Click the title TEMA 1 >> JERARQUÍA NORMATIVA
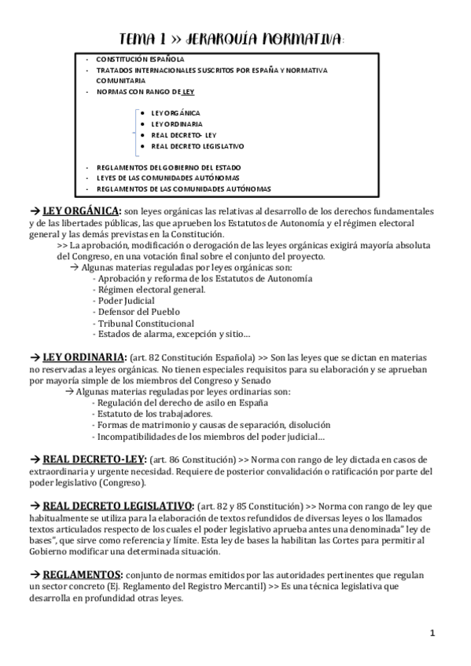[x=230, y=39]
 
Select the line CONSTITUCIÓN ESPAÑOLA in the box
[x=140, y=59]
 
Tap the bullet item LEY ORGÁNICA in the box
[x=175, y=113]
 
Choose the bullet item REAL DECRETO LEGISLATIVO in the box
[x=197, y=146]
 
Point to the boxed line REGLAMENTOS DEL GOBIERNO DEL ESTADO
[x=168, y=167]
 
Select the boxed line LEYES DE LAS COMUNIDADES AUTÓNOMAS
[x=167, y=178]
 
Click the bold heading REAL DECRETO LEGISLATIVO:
[x=118, y=505]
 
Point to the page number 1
[x=432, y=633]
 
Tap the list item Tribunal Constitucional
[x=145, y=324]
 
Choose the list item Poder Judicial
[x=126, y=301]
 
